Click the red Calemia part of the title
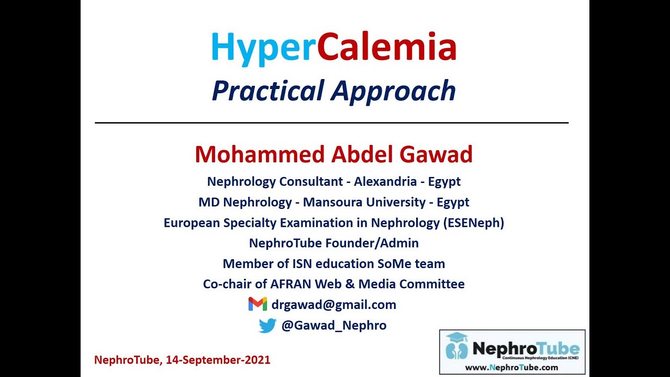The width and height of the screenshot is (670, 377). click(387, 47)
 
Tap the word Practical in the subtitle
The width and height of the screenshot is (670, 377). click(268, 91)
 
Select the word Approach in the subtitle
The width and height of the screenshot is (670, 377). click(393, 91)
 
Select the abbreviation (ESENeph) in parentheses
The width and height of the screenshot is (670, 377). click(474, 223)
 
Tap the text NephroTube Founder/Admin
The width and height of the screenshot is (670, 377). click(333, 243)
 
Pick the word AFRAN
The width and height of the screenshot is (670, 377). click(291, 284)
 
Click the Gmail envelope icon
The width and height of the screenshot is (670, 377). click(258, 304)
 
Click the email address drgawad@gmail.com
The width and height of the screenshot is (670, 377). click(333, 305)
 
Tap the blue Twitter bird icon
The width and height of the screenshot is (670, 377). click(267, 326)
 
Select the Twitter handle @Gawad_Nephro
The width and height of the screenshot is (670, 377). click(333, 325)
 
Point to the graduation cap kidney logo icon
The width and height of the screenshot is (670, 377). click(457, 346)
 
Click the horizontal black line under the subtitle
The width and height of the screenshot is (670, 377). click(331, 123)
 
